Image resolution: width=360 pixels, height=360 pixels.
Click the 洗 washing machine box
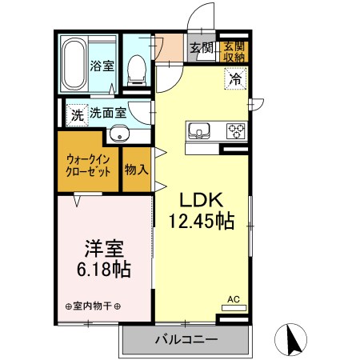click(x=76, y=114)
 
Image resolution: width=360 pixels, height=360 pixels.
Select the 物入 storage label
click(x=134, y=170)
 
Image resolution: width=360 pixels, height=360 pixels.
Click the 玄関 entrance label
click(x=202, y=49)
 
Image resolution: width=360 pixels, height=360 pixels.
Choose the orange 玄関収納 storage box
click(x=234, y=50)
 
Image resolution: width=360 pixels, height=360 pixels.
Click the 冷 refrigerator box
click(x=234, y=78)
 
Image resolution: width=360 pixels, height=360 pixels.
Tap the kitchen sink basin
click(x=198, y=130)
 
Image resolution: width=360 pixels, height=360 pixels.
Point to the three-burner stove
click(x=235, y=129)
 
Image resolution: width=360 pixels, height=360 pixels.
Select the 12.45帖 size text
click(x=201, y=222)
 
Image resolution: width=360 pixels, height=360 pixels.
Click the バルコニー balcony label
click(x=186, y=339)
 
